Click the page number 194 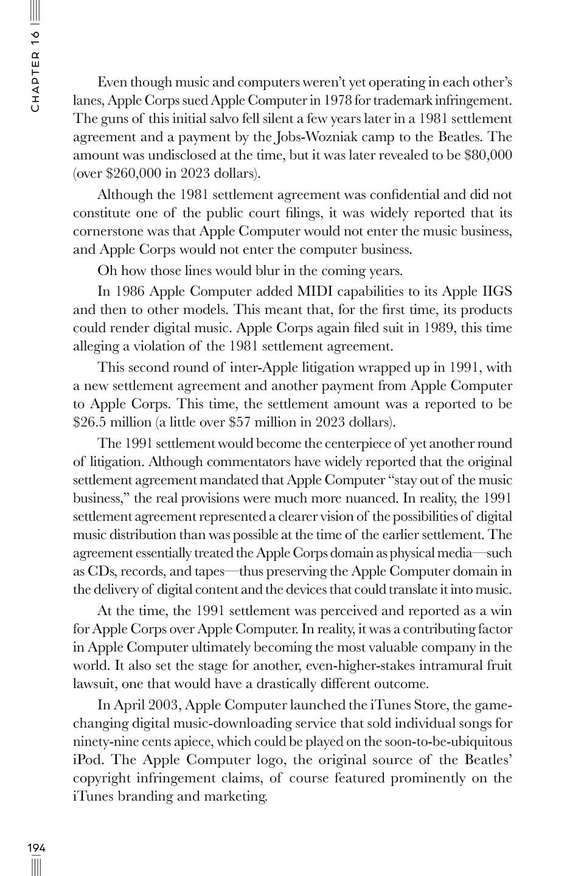pos(36,847)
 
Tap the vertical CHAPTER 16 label pos(36,71)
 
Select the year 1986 pos(130,291)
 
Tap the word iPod pos(89,760)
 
